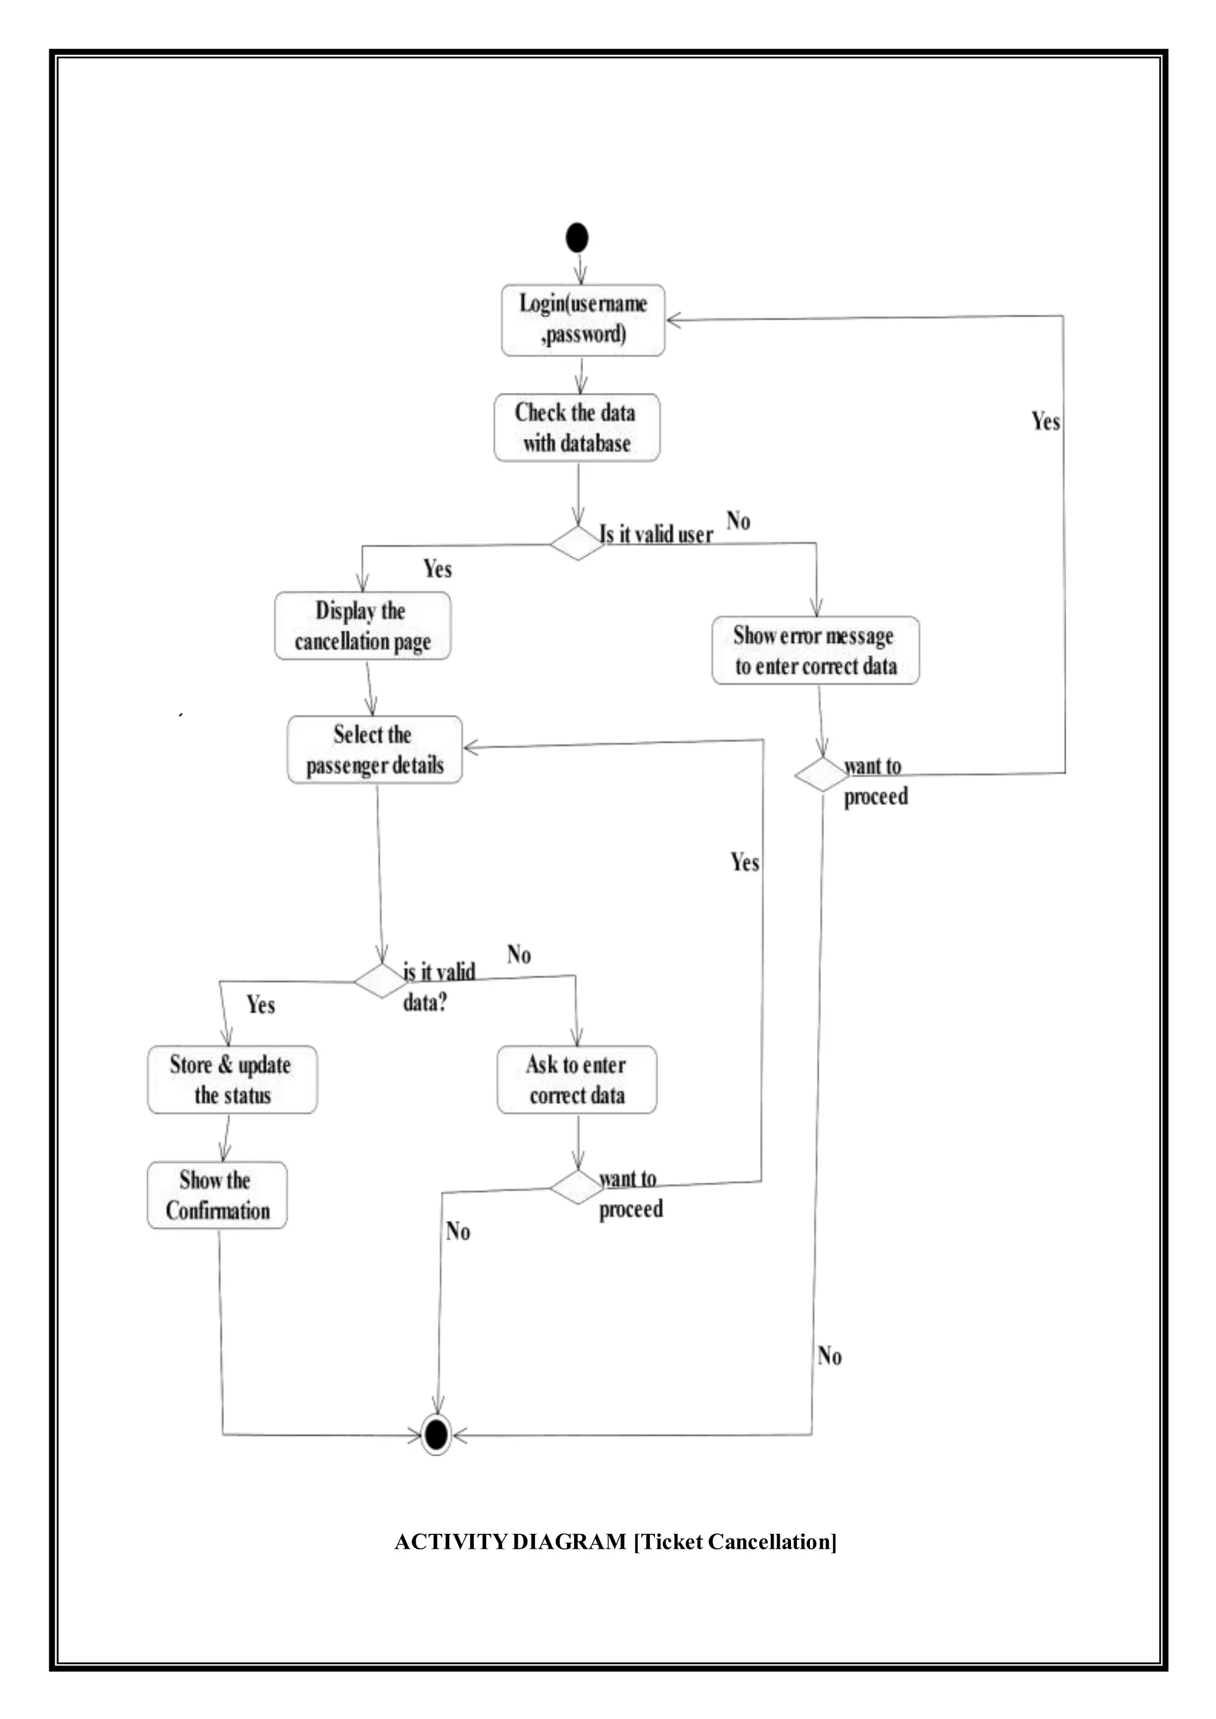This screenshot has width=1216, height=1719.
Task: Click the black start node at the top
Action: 577,237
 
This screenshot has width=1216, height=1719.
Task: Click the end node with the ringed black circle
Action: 436,1435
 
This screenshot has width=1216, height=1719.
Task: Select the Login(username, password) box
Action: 582,320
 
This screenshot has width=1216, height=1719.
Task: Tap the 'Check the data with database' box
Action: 577,427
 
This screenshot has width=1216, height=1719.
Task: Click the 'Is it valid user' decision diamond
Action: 577,543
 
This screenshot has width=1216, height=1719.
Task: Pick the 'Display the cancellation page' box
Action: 362,626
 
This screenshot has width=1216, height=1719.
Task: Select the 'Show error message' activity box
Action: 815,650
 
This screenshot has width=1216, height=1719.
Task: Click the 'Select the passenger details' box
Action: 375,750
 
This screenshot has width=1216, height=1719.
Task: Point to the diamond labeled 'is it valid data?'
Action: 381,981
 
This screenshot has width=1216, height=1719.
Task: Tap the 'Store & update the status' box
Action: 232,1080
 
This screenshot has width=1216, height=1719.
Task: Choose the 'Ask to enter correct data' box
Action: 577,1080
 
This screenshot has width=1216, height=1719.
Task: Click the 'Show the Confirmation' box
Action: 217,1195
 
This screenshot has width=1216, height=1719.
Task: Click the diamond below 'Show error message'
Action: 821,774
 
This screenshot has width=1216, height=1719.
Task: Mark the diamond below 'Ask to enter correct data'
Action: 577,1187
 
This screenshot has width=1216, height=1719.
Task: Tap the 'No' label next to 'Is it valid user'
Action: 738,521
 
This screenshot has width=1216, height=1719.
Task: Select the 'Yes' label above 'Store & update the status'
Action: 261,1005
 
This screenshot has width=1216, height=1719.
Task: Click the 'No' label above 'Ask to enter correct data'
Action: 519,954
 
